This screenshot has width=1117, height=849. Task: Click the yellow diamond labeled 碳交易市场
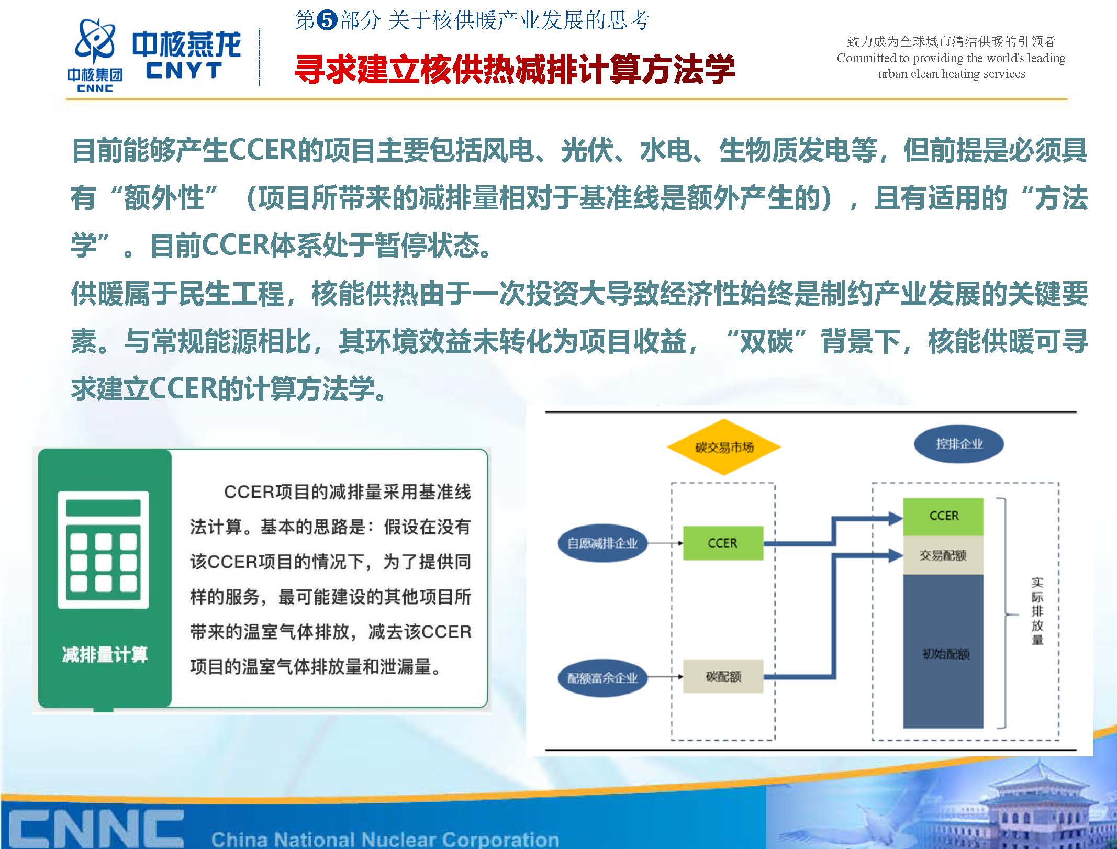[x=723, y=447]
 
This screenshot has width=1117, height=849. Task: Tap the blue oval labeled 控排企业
[x=958, y=444]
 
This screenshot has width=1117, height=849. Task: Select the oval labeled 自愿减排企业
[x=602, y=543]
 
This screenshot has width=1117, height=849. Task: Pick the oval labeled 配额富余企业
[x=602, y=678]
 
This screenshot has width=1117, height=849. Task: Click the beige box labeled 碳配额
[x=723, y=676]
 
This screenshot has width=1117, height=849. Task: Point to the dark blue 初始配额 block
[x=943, y=651]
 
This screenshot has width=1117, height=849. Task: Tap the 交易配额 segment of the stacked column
[x=943, y=555]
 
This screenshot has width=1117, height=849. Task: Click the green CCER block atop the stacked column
[x=943, y=517]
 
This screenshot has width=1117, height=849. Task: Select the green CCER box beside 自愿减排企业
[x=723, y=543]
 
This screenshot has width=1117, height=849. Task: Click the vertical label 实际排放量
[x=1037, y=611]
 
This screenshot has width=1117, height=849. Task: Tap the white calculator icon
[x=103, y=550]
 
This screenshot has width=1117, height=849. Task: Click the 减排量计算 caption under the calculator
[x=105, y=654]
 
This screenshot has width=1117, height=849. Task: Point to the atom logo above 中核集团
[x=95, y=41]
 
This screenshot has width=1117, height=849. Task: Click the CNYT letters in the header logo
[x=184, y=70]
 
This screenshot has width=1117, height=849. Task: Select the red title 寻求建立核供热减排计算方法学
[x=515, y=69]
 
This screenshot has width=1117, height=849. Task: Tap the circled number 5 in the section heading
[x=327, y=20]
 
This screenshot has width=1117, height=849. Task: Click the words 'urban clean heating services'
[x=951, y=74]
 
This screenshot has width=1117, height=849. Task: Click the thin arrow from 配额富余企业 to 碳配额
[x=665, y=676]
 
